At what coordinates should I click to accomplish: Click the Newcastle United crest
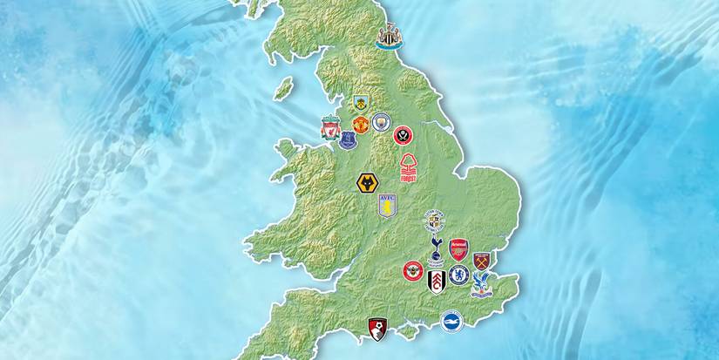(389, 37)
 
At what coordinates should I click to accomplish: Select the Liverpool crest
(329, 127)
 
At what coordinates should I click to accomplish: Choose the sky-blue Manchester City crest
(380, 122)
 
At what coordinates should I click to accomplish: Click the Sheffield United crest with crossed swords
(403, 135)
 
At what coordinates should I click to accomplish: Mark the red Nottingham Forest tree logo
(409, 166)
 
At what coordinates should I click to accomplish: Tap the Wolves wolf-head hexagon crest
(367, 183)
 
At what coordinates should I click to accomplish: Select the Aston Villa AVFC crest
(386, 206)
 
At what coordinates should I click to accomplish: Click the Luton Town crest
(433, 220)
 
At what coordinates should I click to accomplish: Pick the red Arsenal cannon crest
(458, 250)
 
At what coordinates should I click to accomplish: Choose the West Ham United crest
(481, 260)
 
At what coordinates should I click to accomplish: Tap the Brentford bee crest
(412, 271)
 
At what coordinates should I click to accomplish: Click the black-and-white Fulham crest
(437, 281)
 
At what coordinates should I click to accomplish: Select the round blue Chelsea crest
(459, 275)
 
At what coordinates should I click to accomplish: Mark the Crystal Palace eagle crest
(481, 282)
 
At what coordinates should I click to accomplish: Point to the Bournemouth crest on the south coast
(377, 328)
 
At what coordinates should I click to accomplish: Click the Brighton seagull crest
(451, 321)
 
